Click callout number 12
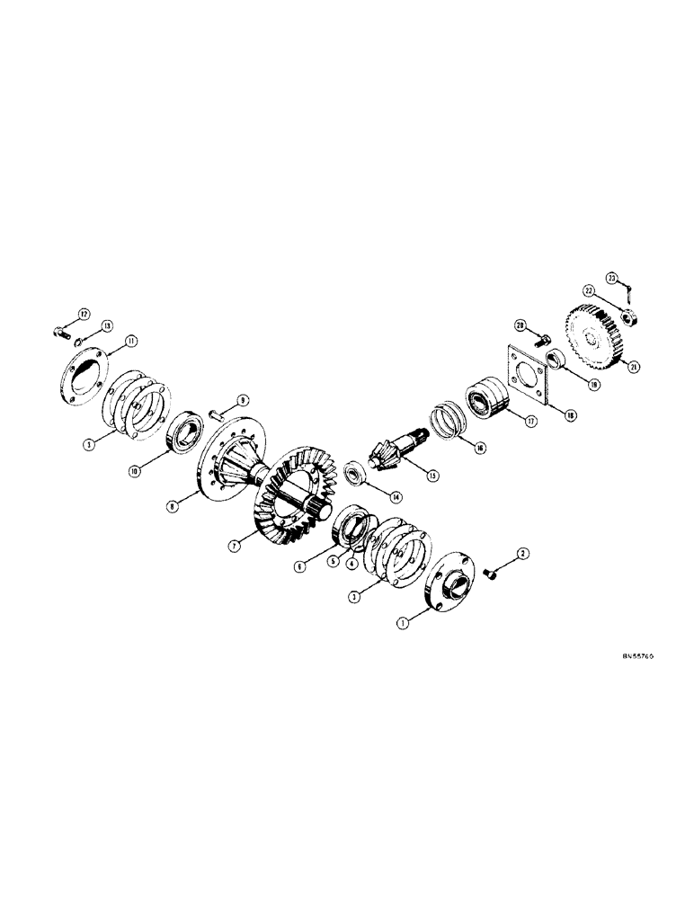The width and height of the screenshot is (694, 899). [x=85, y=313]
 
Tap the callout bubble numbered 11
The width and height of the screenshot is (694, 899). [x=131, y=341]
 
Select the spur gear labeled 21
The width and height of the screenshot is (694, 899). [x=590, y=339]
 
